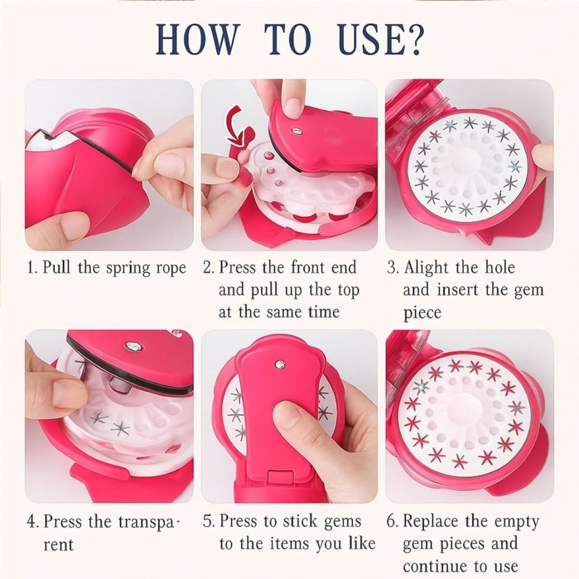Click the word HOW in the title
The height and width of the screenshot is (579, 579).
pos(197,40)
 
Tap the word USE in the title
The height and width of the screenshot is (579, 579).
pos(362,40)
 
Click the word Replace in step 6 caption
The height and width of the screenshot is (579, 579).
pos(436,521)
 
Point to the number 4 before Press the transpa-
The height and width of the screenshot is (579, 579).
pos(31,521)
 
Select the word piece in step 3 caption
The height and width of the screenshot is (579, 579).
pos(421,313)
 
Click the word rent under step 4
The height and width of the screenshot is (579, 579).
pos(58,545)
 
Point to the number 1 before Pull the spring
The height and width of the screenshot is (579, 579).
pos(30,268)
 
